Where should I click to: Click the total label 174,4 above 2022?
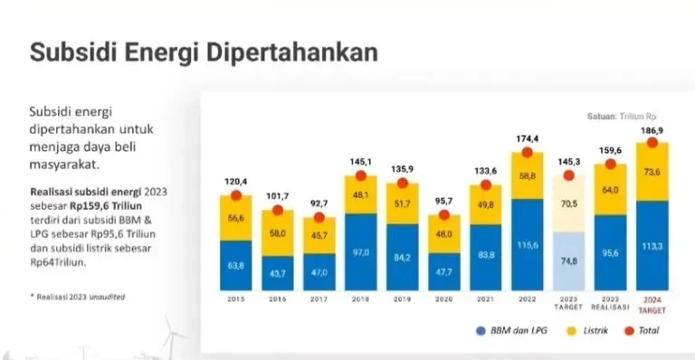click(x=526, y=138)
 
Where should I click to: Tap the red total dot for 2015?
click(x=236, y=194)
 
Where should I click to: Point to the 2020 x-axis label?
click(x=443, y=298)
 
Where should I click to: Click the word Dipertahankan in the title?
click(x=291, y=52)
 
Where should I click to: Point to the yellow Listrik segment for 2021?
click(x=486, y=204)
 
